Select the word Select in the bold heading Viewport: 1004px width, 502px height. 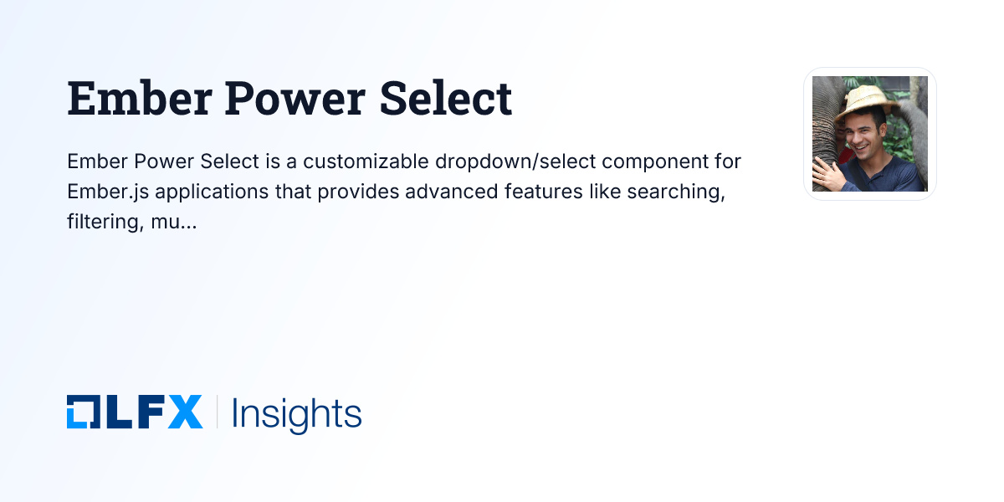(445, 99)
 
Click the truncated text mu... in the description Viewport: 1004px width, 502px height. (172, 223)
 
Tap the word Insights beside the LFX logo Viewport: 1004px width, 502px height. (296, 413)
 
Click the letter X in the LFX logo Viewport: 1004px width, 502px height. (185, 412)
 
